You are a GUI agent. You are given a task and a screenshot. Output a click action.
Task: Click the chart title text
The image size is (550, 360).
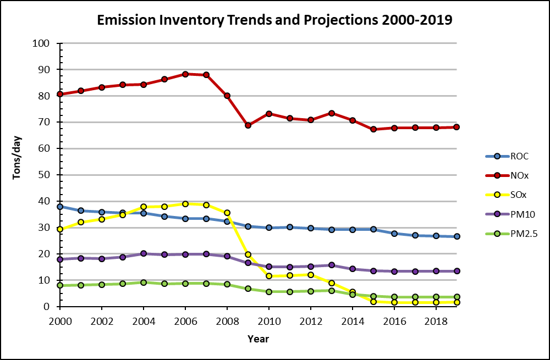pyautogui.click(x=274, y=20)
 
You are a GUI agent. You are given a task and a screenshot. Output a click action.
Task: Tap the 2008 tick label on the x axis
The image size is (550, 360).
pyautogui.click(x=227, y=319)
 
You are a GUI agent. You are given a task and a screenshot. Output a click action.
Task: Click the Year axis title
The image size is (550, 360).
pyautogui.click(x=258, y=339)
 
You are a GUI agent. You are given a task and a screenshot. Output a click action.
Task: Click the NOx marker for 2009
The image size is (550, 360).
pyautogui.click(x=248, y=125)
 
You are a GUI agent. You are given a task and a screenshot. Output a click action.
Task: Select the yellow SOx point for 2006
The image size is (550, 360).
pyautogui.click(x=185, y=204)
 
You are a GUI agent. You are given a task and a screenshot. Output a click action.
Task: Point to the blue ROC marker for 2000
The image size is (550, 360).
pyautogui.click(x=60, y=207)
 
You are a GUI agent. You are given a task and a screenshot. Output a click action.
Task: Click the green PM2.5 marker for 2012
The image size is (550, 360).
pyautogui.click(x=311, y=291)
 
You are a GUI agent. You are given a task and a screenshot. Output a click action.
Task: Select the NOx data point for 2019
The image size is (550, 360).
pyautogui.click(x=457, y=127)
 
